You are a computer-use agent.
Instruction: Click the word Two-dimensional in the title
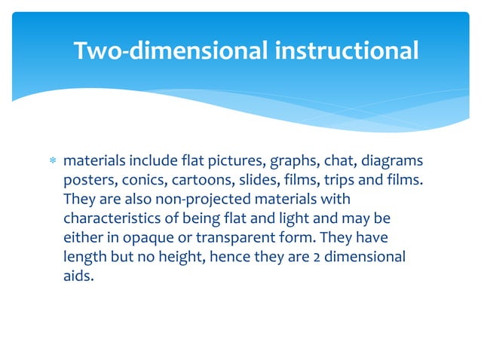(x=170, y=50)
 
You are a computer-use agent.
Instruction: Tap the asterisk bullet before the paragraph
(x=51, y=162)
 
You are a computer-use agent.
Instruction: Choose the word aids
(x=78, y=276)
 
